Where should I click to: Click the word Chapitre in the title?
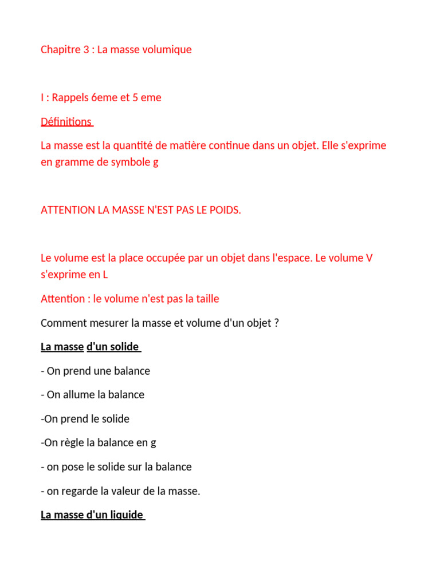[60, 50]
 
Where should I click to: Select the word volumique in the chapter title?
[169, 50]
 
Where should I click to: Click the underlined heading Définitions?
[66, 122]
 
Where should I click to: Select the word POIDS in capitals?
[224, 211]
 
